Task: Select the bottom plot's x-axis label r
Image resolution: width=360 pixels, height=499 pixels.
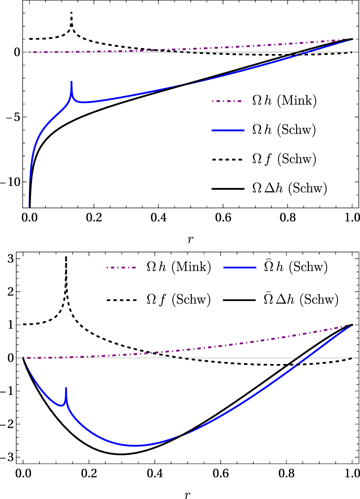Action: tap(187, 494)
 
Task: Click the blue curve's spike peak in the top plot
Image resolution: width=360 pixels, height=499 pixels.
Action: tap(71, 82)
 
